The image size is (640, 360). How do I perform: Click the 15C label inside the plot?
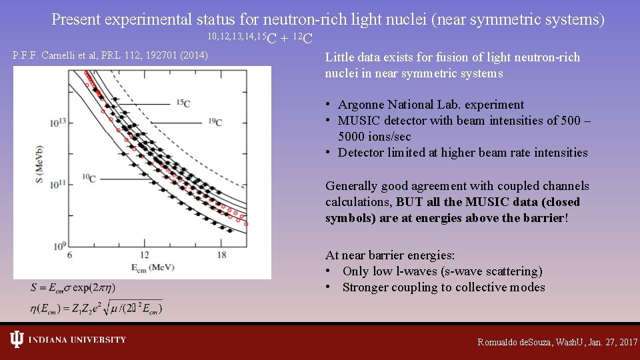(183, 103)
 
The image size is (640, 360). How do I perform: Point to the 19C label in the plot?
(214, 122)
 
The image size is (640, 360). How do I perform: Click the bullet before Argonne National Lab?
(329, 105)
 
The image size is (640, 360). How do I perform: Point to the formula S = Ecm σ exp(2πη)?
(73, 288)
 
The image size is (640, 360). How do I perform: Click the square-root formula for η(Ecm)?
(96, 308)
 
